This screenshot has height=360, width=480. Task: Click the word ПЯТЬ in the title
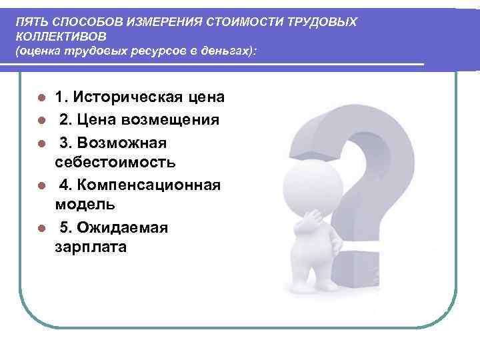click(29, 22)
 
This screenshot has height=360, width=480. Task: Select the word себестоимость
click(115, 162)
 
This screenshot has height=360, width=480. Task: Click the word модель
click(85, 204)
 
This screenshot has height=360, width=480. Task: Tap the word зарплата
click(90, 247)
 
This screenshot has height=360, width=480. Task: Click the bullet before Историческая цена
click(41, 98)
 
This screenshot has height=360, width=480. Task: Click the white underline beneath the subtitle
click(220, 64)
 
